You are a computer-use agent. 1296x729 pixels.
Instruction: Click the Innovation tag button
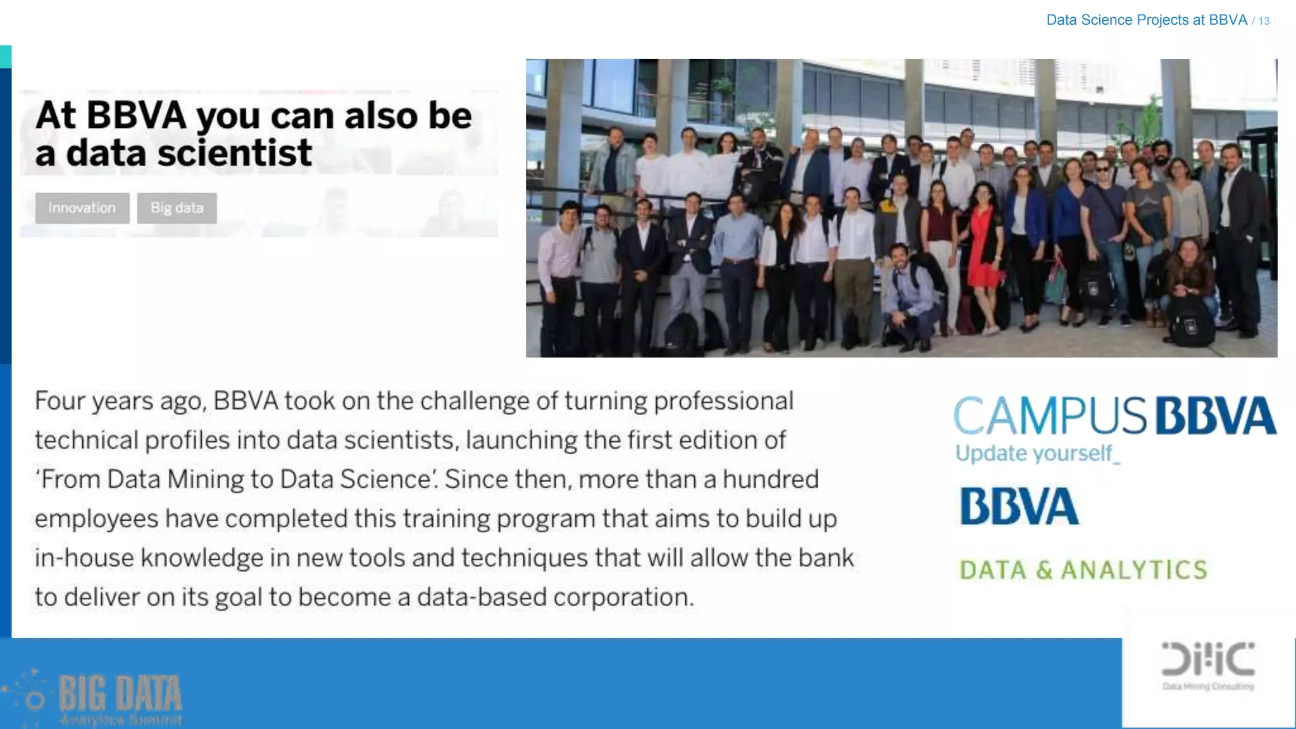tap(82, 208)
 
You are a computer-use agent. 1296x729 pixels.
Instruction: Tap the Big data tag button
tap(177, 208)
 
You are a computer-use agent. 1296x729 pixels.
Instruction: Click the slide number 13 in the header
tap(1264, 21)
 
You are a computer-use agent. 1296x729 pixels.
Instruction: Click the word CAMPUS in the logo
tap(1050, 416)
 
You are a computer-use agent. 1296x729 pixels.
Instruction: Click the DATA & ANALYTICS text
tap(1083, 570)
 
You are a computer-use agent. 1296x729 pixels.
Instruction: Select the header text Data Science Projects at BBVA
tap(1146, 20)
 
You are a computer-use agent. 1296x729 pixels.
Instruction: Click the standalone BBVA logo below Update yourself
tap(1019, 506)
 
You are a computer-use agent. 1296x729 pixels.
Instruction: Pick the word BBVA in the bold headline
tap(136, 116)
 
